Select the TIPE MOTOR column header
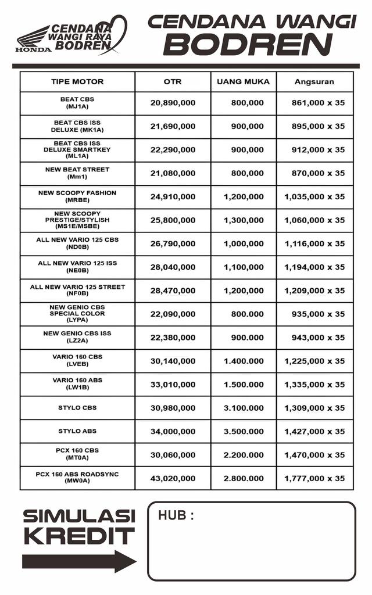pyautogui.click(x=77, y=82)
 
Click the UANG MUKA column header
pyautogui.click(x=243, y=82)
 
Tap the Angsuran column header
pyautogui.click(x=314, y=82)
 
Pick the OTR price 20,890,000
pyautogui.click(x=173, y=103)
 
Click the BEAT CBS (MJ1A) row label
pyautogui.click(x=77, y=103)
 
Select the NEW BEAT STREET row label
pyautogui.click(x=77, y=173)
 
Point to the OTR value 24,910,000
pyautogui.click(x=173, y=197)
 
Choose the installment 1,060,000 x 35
pyautogui.click(x=314, y=220)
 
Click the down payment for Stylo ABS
pyautogui.click(x=244, y=431)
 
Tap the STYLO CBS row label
pyautogui.click(x=77, y=408)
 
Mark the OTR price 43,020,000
pyautogui.click(x=173, y=478)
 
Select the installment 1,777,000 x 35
pyautogui.click(x=314, y=478)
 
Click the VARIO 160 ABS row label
pyautogui.click(x=77, y=383)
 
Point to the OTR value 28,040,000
pyautogui.click(x=173, y=267)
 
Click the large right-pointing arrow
pyautogui.click(x=79, y=561)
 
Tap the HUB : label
pyautogui.click(x=176, y=515)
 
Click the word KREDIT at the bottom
pyautogui.click(x=79, y=536)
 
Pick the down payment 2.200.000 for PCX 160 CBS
pyautogui.click(x=244, y=454)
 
